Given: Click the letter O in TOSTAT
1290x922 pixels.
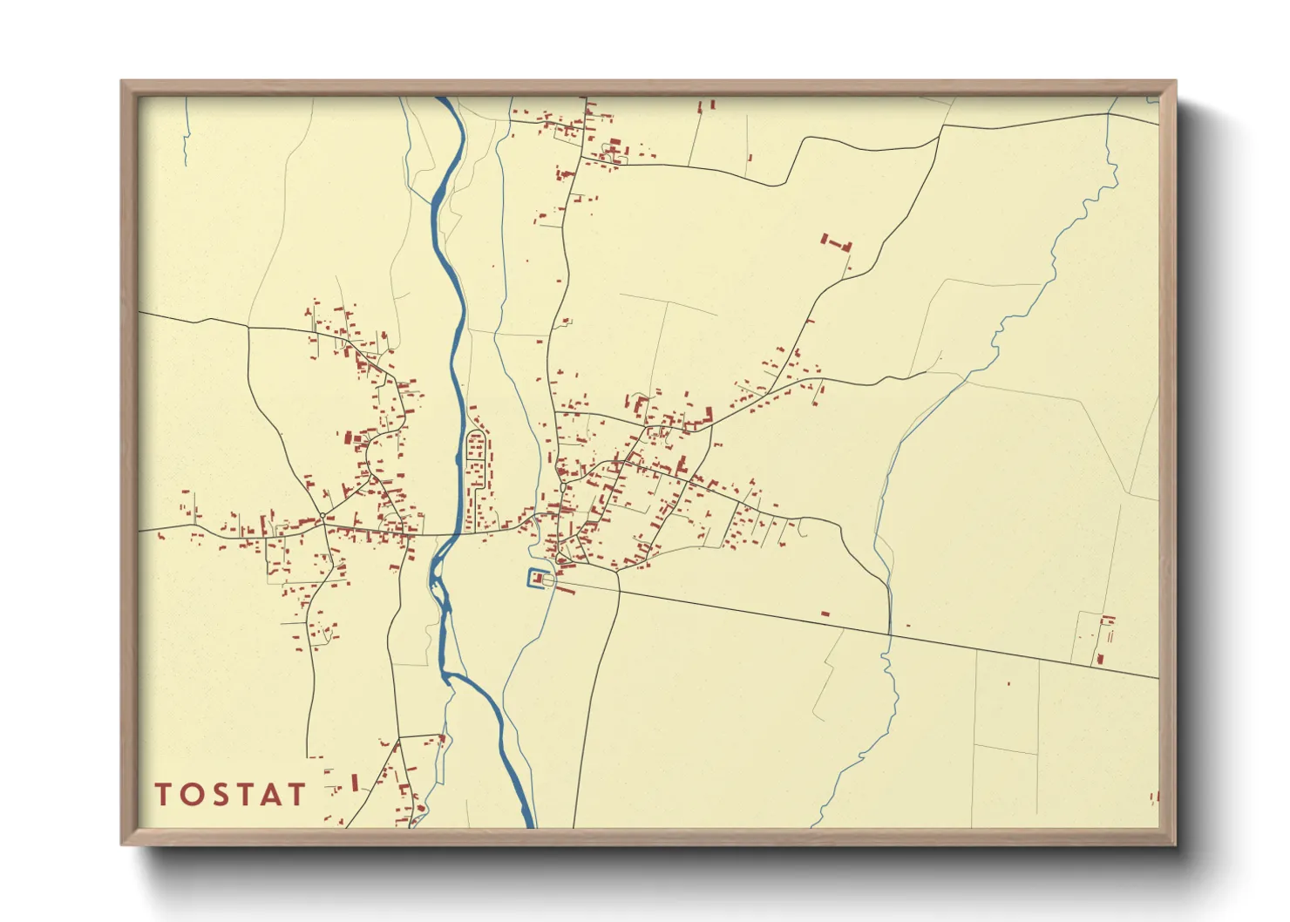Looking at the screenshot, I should (192, 794).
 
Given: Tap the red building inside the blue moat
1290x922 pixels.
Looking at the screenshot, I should (539, 579).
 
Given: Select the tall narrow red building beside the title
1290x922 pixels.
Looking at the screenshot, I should (355, 782).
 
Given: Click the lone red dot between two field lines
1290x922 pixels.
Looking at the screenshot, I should (1008, 683).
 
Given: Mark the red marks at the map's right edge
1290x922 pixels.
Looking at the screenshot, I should (1156, 797).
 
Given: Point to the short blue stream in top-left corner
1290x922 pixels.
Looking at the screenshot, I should (187, 131).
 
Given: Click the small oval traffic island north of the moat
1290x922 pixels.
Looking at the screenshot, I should (563, 485).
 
